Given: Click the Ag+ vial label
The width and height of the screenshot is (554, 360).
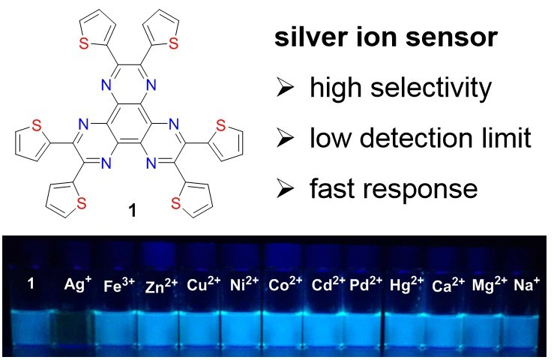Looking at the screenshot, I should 73,285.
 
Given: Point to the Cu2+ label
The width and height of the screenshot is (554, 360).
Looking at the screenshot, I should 202,285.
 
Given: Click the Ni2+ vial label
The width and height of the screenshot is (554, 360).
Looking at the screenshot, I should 242,285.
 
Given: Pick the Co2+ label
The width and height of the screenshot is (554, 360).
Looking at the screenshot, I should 283,285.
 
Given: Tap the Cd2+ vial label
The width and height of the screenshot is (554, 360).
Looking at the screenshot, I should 324,285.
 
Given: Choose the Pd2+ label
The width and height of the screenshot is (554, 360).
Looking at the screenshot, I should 364,285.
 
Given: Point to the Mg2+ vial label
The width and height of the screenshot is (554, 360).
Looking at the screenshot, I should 488,285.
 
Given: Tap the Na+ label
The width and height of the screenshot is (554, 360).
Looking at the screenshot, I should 527,285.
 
